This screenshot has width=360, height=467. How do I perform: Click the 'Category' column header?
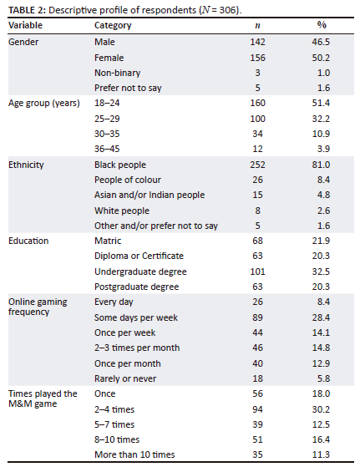click(x=113, y=26)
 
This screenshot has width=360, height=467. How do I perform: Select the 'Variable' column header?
click(x=25, y=25)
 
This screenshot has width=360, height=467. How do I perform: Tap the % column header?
click(x=322, y=25)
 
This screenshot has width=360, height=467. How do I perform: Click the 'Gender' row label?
click(x=23, y=42)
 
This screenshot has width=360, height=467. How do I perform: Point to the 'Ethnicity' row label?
click(x=26, y=165)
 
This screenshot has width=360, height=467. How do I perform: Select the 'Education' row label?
click(x=28, y=241)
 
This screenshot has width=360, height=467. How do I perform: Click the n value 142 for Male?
click(x=257, y=42)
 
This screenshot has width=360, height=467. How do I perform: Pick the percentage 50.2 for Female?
click(x=321, y=58)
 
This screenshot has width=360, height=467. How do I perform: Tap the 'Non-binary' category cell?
click(x=117, y=73)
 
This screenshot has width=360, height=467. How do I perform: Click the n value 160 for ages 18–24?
click(x=257, y=103)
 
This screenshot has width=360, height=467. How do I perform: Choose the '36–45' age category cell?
click(x=107, y=149)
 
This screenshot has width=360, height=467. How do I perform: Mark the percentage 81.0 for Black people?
click(x=321, y=165)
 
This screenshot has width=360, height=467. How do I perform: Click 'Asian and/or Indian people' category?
click(x=150, y=195)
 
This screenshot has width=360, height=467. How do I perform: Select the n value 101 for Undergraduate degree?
click(x=257, y=272)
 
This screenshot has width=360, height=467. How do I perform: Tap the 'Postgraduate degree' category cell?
click(x=137, y=287)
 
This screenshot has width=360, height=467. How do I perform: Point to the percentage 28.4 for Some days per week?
click(x=321, y=317)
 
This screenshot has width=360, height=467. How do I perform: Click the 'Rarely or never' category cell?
click(x=125, y=378)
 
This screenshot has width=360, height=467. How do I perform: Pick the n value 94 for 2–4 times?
click(x=257, y=409)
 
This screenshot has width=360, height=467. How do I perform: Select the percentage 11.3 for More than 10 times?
click(x=321, y=454)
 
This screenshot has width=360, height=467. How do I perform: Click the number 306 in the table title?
click(x=227, y=10)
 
